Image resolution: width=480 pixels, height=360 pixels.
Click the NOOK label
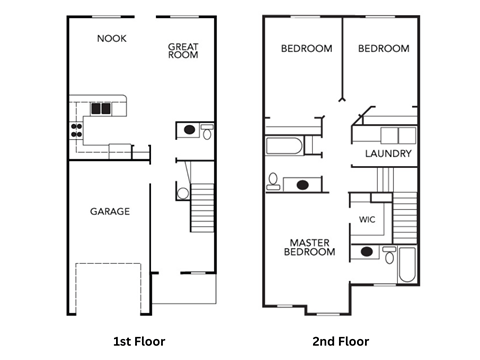coord(110,39)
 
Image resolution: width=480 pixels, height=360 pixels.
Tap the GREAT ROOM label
coord(183,51)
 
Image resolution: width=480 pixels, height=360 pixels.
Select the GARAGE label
coord(109,211)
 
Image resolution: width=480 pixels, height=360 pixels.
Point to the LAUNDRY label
coord(389,154)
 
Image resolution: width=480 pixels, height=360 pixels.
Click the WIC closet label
coord(367,219)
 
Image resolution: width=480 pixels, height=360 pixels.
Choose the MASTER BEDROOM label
coord(310,247)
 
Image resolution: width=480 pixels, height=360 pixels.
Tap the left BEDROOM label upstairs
coord(305,49)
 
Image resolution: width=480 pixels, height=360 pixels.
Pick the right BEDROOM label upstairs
coord(383,49)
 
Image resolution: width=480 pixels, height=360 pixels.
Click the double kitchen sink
coord(101,107)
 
